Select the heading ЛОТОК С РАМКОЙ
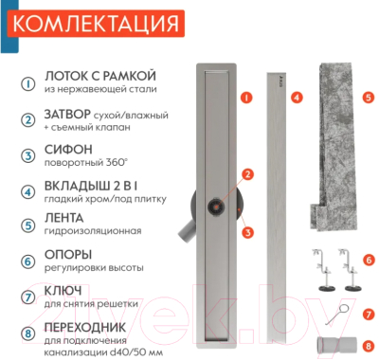[x=100, y=76]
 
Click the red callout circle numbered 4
[x=297, y=97]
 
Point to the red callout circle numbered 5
[x=369, y=97]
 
